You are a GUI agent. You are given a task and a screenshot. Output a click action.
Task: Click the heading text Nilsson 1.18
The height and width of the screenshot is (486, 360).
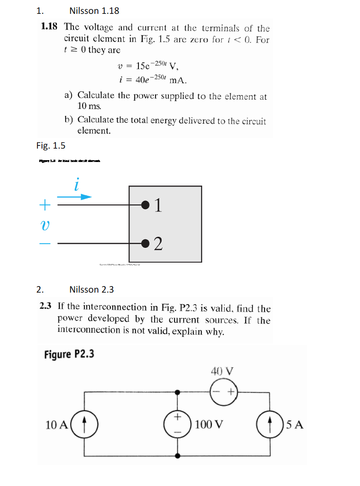(x=94, y=11)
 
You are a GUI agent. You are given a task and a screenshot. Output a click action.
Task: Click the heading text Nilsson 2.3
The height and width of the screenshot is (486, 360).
(x=91, y=289)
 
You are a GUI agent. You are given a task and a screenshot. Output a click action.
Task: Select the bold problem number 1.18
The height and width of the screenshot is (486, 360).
(x=49, y=27)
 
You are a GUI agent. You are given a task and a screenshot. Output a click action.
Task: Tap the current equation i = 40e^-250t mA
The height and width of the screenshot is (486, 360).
(x=153, y=79)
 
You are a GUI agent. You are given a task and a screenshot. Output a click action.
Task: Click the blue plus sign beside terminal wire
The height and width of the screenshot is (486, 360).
(x=45, y=203)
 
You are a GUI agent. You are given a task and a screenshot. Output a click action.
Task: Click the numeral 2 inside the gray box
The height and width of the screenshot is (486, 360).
(x=158, y=243)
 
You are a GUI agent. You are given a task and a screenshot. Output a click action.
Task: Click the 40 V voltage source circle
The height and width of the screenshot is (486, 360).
(x=224, y=392)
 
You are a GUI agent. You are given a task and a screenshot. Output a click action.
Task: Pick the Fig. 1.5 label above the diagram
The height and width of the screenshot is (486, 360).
(x=51, y=146)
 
